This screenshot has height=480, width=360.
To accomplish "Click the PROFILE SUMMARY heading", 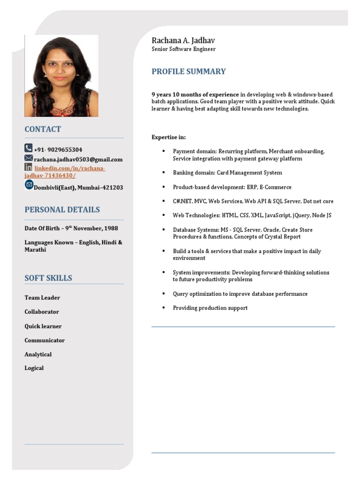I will point(188,72).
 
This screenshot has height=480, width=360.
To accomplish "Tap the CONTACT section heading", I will point(43,129).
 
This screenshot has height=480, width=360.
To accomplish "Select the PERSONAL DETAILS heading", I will point(62,210).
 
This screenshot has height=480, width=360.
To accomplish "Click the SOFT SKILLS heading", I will point(48,278).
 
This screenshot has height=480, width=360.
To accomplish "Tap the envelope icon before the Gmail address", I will point(28,158).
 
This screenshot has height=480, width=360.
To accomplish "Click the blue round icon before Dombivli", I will point(29,184).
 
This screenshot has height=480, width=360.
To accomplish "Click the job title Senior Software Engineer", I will point(183,49).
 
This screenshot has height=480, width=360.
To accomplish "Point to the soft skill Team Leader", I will point(42,298).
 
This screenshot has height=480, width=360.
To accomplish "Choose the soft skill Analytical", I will point(38,354).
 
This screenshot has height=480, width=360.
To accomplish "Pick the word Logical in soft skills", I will point(34,368).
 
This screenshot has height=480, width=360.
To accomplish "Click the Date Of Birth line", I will point(71,228).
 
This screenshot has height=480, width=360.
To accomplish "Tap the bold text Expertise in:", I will point(168,137).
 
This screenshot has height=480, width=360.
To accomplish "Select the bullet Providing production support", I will point(210,308).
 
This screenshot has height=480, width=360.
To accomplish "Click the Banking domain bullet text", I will point(227,172).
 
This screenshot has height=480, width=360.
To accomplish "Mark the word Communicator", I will point(45,340).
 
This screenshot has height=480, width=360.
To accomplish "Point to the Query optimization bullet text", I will point(240,294).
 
